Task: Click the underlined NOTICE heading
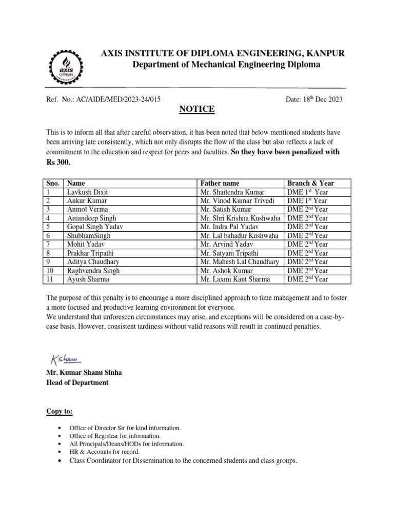coord(196,109)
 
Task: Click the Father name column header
coord(220,183)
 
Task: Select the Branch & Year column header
coord(311,183)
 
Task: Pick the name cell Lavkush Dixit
coord(87,192)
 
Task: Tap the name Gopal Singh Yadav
coord(95,227)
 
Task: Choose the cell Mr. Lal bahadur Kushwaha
coord(240,236)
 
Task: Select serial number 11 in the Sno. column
coord(50,279)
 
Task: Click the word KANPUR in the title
coord(324,53)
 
